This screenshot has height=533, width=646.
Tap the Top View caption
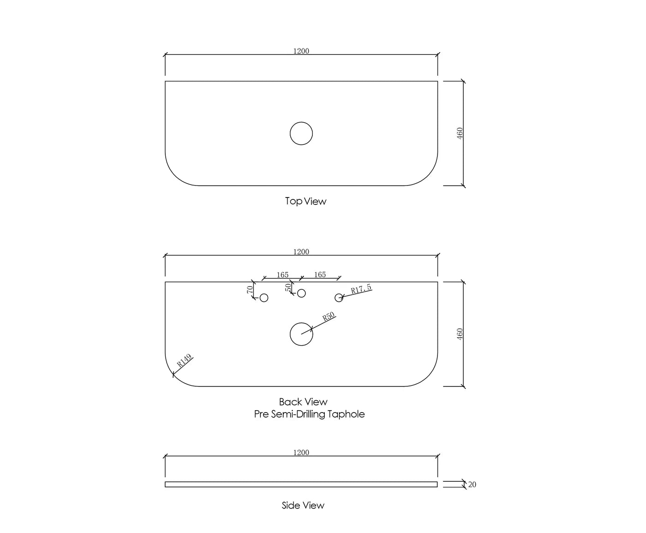(x=305, y=201)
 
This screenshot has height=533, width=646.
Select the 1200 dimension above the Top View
(x=301, y=51)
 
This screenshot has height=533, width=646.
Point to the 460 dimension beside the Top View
(x=460, y=133)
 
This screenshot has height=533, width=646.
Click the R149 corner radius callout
(x=185, y=360)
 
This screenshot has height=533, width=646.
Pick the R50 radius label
(x=328, y=316)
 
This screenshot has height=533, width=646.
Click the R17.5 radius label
(x=361, y=289)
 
